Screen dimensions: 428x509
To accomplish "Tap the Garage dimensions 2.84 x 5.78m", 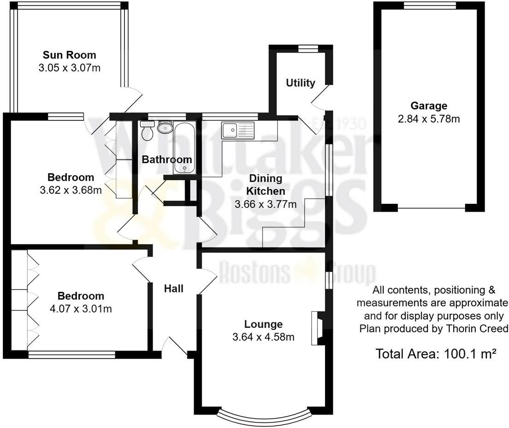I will point(429,119).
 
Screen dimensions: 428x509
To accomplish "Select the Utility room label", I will point(301,83).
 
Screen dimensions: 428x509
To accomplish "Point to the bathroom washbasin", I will point(164,127).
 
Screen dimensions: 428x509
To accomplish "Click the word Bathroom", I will point(166,160).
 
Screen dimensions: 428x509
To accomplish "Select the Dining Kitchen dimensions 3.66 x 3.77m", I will point(265,203).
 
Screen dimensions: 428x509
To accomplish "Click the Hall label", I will point(174,289).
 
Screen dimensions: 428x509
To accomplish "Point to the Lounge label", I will point(263,324).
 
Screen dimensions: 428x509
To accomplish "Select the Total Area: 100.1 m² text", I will point(436,354).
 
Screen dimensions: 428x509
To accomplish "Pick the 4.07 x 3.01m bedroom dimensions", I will point(81,309).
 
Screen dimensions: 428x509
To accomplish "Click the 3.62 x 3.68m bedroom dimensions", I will point(71,190).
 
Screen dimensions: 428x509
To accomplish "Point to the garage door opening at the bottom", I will point(431,208).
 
